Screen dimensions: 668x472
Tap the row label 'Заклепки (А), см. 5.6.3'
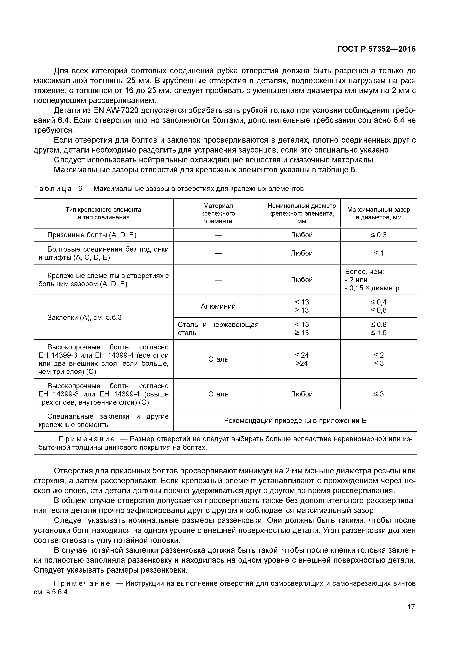point(84,317)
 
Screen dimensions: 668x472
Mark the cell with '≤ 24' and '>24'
point(302,359)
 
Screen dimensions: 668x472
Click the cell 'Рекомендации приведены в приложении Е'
point(295,420)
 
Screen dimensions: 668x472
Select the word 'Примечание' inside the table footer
point(86,439)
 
